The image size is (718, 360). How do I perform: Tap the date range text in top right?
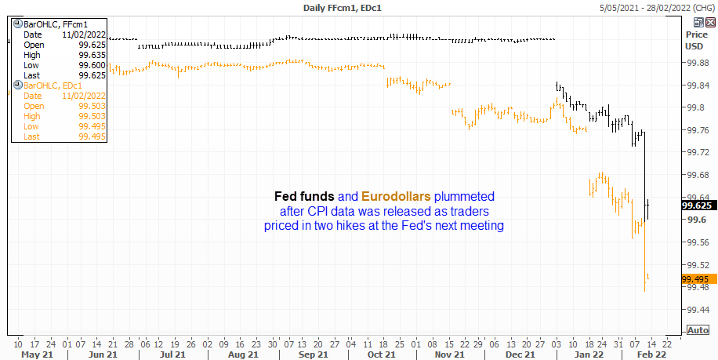657,8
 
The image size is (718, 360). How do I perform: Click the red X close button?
710,21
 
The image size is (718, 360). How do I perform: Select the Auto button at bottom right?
698,330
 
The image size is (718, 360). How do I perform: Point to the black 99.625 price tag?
697,205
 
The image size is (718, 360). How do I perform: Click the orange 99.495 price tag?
698,279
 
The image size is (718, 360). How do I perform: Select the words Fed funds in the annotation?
304,197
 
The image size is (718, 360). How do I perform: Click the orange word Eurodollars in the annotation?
396,197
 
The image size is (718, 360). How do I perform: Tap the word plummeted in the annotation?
464,197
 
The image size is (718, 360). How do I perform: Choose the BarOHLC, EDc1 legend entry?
53,85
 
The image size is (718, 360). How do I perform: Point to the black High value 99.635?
92,55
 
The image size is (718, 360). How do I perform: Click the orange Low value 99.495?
92,126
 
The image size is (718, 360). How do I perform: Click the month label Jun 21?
103,355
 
